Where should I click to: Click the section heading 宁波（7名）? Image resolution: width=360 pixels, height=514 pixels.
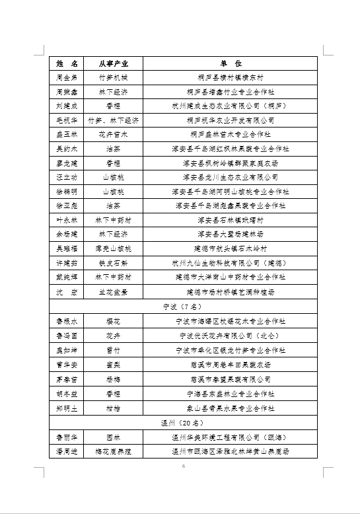click(180, 307)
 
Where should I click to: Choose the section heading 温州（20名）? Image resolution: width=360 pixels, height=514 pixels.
click(180, 422)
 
